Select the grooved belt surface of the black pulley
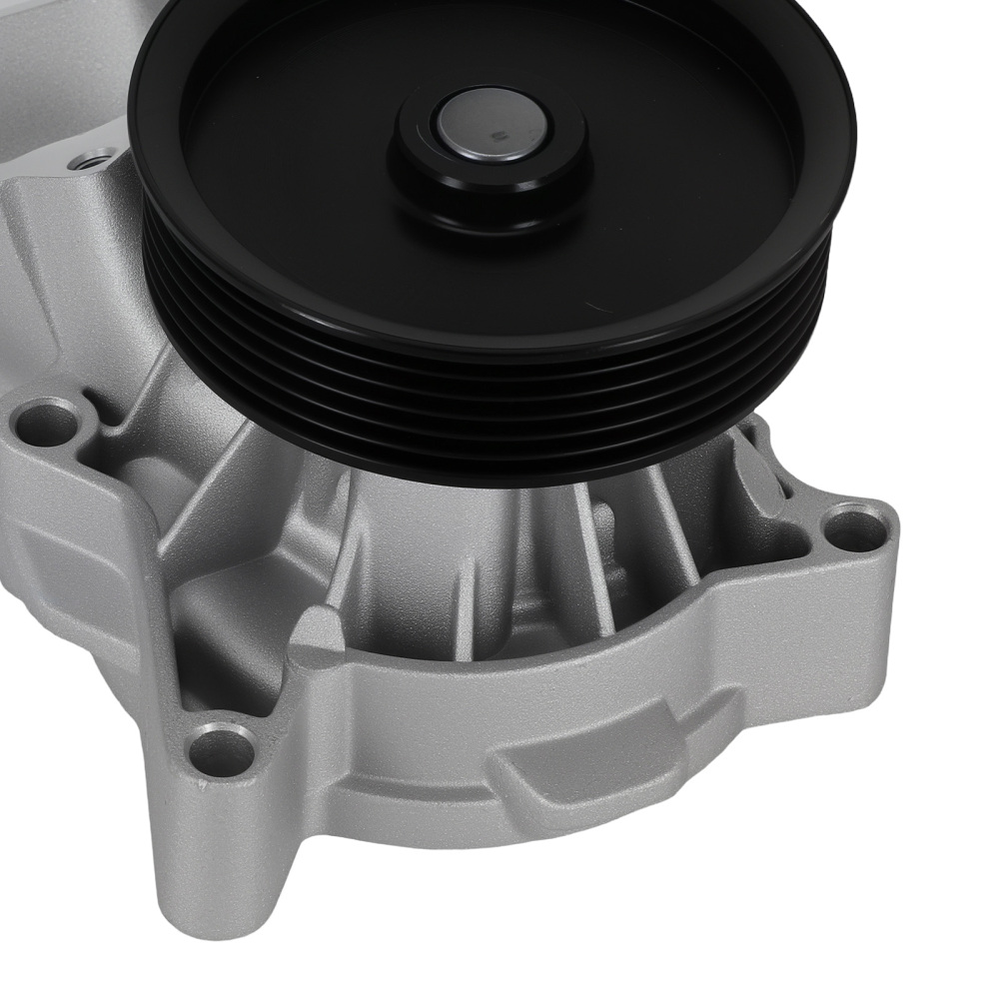tap(400, 380)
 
